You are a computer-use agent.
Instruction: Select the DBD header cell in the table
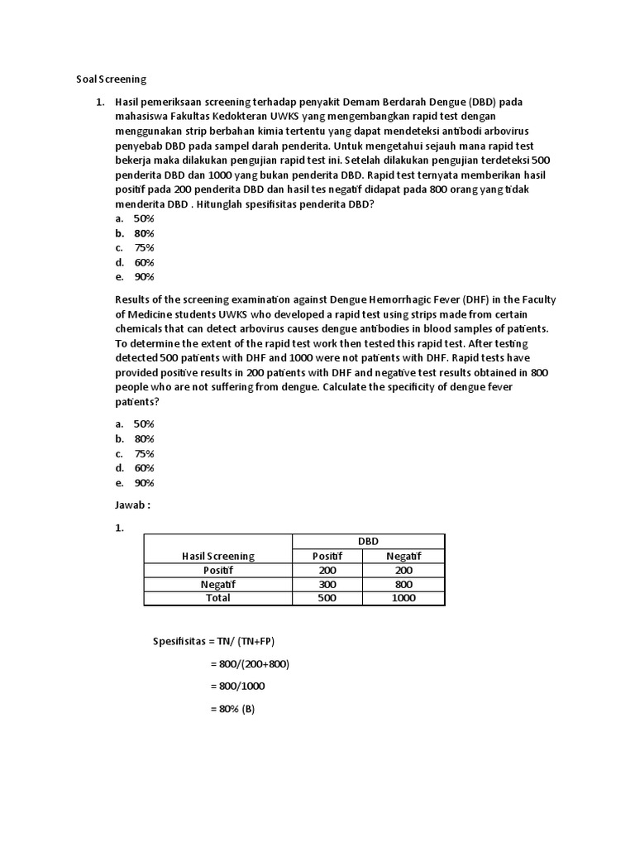coord(368,541)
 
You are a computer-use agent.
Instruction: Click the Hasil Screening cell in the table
coord(218,556)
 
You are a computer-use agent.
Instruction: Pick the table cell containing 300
coord(327,584)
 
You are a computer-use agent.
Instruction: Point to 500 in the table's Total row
coord(327,598)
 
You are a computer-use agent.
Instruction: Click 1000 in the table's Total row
coord(403,598)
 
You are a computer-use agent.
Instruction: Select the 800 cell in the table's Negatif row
coord(403,584)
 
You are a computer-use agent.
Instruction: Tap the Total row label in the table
coord(218,598)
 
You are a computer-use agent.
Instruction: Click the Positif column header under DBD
coord(327,556)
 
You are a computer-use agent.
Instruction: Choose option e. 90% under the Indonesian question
coord(136,277)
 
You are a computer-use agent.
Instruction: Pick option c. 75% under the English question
coord(136,453)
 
